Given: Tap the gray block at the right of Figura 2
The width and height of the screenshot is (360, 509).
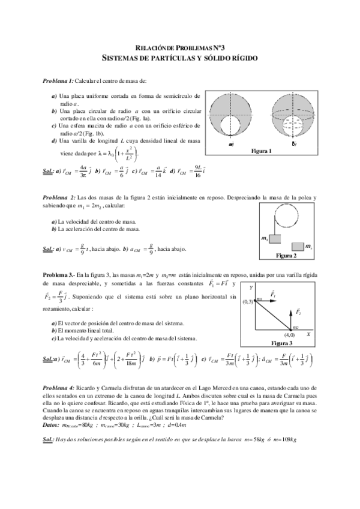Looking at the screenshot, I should coord(298,246).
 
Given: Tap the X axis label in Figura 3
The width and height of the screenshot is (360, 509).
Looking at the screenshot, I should coord(308,334).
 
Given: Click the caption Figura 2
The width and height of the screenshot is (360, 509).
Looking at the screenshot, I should coord(286,256).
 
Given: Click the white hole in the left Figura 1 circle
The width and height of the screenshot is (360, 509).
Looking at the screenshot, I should coord(232,128).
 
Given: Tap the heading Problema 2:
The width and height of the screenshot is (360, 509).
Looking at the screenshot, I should coord(59,197).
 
